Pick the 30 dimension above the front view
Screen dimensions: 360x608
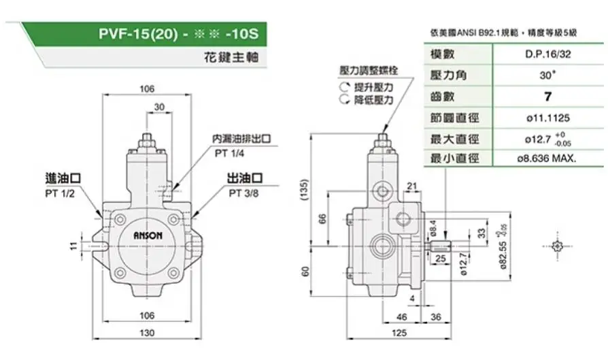pyautogui.click(x=158, y=107)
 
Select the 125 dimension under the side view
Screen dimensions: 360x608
pyautogui.click(x=399, y=332)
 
